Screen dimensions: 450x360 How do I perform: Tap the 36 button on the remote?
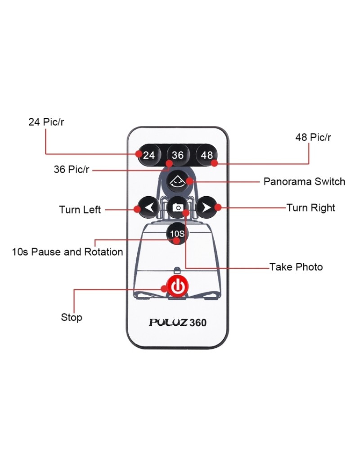tap(178, 155)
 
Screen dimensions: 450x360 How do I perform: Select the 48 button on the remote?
tap(207, 155)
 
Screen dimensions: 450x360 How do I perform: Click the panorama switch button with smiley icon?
tap(178, 181)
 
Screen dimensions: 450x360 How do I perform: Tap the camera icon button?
tap(178, 207)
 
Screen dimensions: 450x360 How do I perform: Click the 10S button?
tap(177, 234)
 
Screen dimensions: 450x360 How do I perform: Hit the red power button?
tap(177, 286)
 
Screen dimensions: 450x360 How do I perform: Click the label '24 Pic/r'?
tap(46, 122)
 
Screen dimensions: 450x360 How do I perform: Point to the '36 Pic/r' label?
tap(72, 170)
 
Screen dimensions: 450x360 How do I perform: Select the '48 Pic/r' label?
tap(313, 137)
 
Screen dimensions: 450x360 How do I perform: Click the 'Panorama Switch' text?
tap(304, 182)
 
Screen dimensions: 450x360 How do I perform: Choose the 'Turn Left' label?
tap(80, 210)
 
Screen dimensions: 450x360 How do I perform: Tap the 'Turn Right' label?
tap(311, 208)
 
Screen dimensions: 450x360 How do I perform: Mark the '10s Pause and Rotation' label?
tap(67, 252)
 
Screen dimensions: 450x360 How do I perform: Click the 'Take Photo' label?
tap(296, 267)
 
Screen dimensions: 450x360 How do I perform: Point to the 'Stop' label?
tap(72, 317)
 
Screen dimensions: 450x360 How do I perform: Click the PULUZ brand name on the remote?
tap(168, 323)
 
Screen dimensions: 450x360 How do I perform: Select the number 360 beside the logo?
tap(198, 323)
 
